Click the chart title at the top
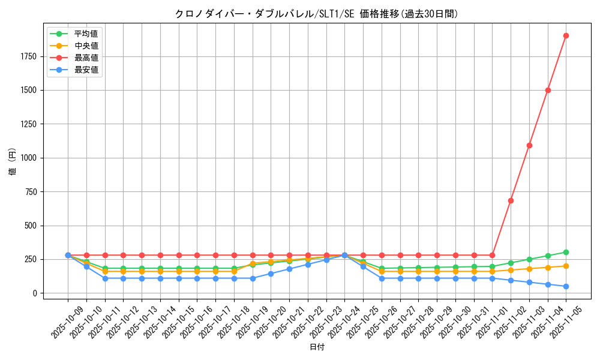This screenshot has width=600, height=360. tap(316, 14)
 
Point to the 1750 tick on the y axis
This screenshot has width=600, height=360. tap(28, 56)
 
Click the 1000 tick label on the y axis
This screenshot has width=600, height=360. tap(28, 158)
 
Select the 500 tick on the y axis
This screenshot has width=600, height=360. tap(31, 226)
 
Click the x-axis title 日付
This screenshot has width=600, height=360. tap(316, 347)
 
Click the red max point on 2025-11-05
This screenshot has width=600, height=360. tap(566, 35)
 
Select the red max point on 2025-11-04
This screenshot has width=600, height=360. tap(548, 90)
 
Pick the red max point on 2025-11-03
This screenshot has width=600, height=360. tap(529, 145)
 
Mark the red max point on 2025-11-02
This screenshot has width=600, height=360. tap(511, 200)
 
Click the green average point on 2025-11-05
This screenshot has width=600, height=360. tap(566, 252)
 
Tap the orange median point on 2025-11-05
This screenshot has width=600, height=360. tap(566, 266)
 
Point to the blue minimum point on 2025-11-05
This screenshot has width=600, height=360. tap(566, 286)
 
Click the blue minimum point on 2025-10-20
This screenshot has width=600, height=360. tap(271, 274)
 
